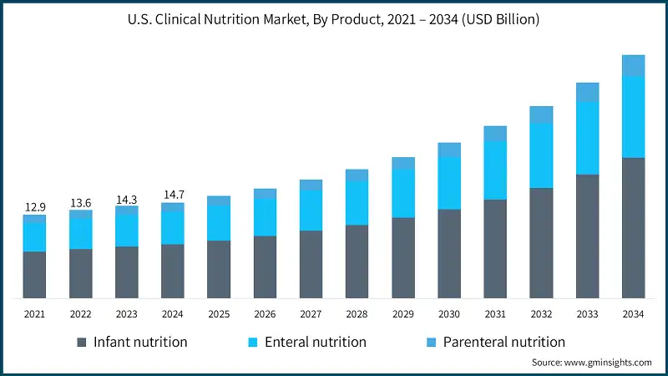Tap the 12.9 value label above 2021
(x=34, y=206)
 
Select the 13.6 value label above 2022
(x=80, y=201)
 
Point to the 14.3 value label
(x=126, y=198)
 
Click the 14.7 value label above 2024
(x=172, y=195)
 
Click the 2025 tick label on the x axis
(x=219, y=313)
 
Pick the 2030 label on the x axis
(x=449, y=313)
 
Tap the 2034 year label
(x=634, y=313)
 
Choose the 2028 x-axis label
(x=357, y=313)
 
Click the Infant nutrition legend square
(x=82, y=343)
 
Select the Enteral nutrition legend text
(x=315, y=342)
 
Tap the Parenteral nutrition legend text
(x=504, y=342)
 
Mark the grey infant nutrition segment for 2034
(x=634, y=227)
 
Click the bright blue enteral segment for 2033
(x=588, y=138)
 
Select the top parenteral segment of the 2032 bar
(x=541, y=114)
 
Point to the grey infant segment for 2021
(x=34, y=275)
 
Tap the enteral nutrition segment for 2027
(x=311, y=210)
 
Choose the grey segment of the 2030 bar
(x=449, y=253)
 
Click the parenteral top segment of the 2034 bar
(x=634, y=65)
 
